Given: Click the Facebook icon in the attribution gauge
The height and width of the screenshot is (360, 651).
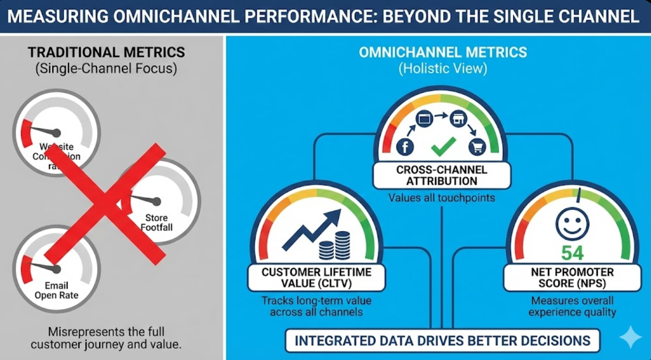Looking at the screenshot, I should click(405, 147).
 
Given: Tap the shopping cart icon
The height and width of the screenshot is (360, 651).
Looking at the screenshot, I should click(477, 147).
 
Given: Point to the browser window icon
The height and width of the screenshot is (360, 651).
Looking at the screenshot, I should click(425, 119).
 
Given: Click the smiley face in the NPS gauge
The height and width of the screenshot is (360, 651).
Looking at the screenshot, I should click(572, 223).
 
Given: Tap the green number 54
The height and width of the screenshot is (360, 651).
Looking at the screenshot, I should click(572, 253).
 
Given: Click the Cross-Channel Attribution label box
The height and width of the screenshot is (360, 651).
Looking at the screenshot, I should click(441, 176).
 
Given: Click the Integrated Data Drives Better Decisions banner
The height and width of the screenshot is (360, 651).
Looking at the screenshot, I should click(442, 341).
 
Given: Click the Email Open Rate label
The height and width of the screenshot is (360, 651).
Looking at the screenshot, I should click(56, 290).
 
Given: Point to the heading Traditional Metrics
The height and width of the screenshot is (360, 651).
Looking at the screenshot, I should click(106, 52).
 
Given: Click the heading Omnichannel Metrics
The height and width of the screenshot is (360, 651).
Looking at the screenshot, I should click(443, 52).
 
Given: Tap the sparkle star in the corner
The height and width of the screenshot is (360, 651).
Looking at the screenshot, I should click(630, 337).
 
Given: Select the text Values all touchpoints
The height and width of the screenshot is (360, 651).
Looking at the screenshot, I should click(442, 198).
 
